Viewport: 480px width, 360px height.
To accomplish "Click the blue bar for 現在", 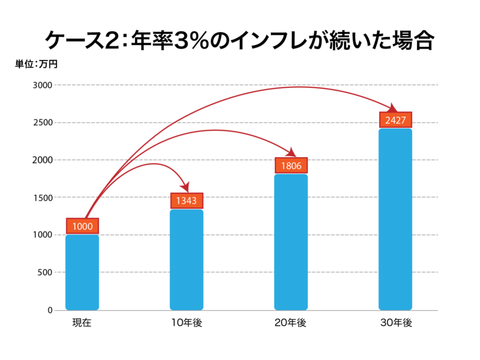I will click(x=82, y=273).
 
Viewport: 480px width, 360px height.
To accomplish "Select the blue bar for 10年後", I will click(x=187, y=260).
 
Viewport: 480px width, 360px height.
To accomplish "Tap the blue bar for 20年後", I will click(x=291, y=242).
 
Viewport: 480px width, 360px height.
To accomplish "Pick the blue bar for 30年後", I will click(x=395, y=219).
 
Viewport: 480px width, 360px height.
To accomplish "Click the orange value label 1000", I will click(x=82, y=226).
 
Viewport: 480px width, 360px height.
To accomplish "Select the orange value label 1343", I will click(x=187, y=201).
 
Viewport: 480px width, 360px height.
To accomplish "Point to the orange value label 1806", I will click(x=291, y=166).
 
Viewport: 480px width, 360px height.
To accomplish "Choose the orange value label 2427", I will click(x=395, y=120).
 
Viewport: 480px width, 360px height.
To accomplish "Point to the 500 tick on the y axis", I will click(x=45, y=273).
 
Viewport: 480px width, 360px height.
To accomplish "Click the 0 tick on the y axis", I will click(x=50, y=310).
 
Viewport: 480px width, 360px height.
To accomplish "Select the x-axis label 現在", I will click(x=82, y=323).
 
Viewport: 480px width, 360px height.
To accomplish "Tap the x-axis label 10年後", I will click(x=187, y=323).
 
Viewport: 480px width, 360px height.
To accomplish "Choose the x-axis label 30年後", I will click(x=395, y=323).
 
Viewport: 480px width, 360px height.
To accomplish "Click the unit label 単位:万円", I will click(x=36, y=64).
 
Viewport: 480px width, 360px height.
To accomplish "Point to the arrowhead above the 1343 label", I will click(x=185, y=187).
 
